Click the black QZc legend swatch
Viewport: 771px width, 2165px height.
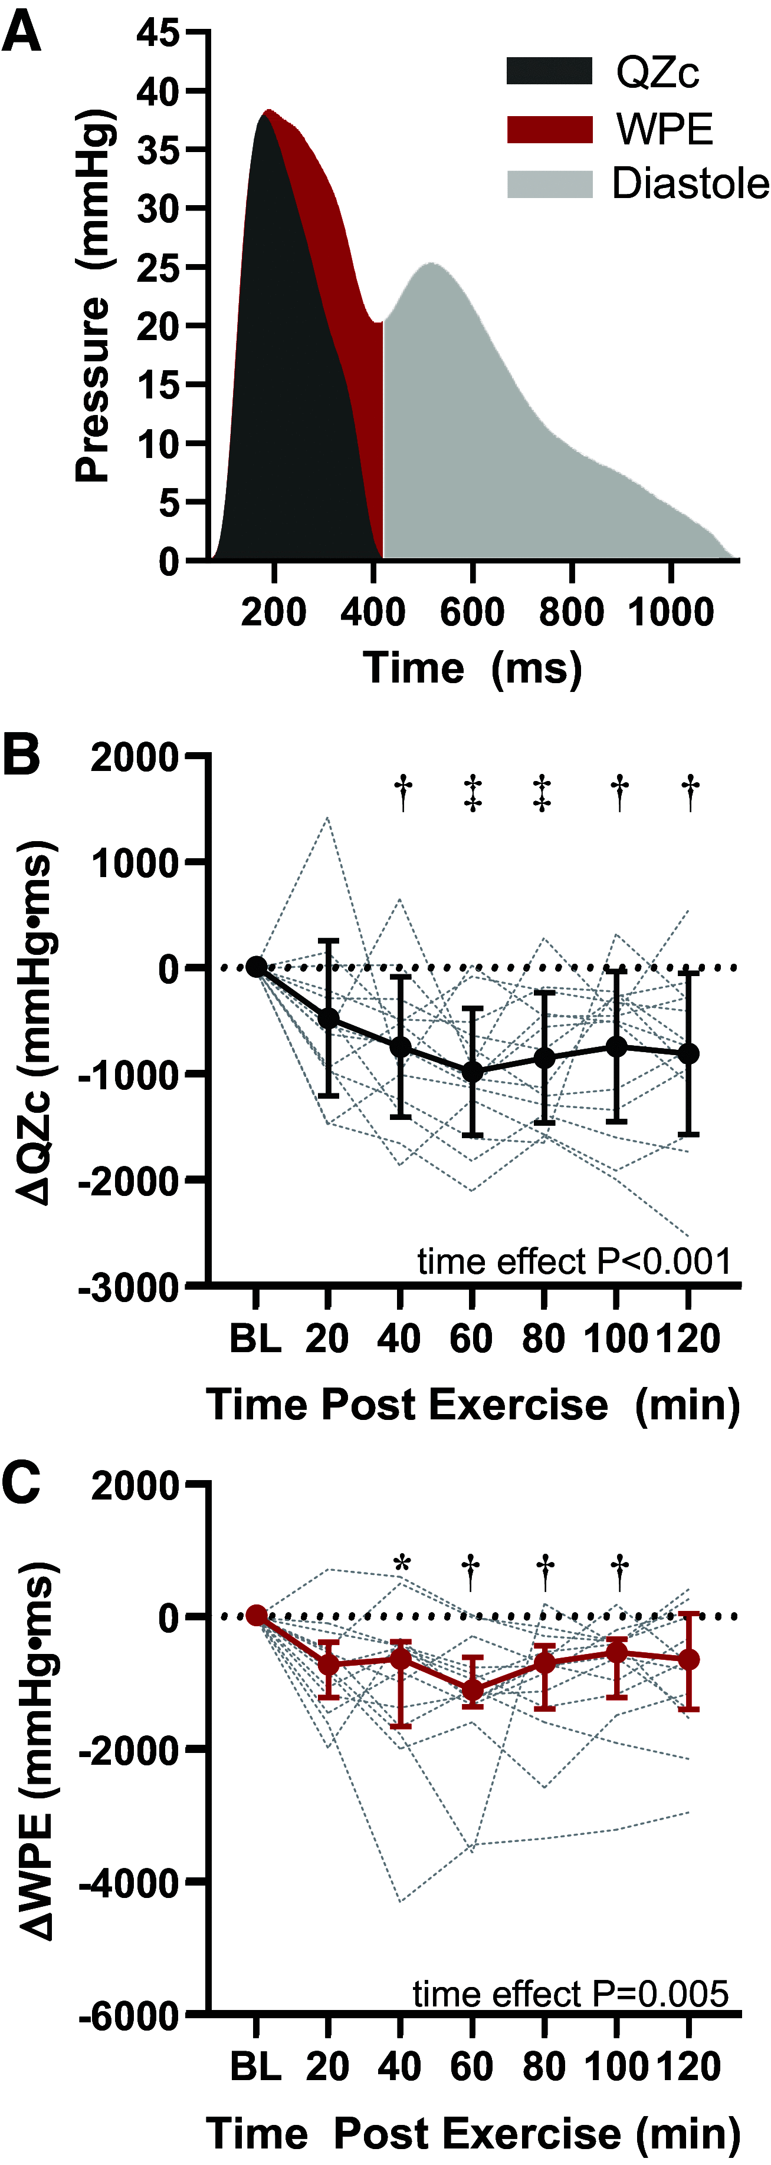point(549,71)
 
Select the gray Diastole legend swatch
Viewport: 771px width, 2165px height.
point(549,184)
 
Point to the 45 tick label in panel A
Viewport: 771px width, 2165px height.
point(158,33)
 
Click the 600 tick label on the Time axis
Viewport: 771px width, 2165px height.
point(472,611)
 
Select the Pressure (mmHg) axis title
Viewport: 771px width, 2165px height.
point(93,296)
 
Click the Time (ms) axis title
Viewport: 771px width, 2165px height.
point(472,668)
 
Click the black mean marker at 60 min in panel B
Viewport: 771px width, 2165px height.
point(473,1072)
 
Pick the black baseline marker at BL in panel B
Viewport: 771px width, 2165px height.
point(257,967)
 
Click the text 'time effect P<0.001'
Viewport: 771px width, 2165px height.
point(573,1261)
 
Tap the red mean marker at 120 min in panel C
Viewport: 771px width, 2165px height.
point(690,1659)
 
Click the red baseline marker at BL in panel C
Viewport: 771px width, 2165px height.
point(257,1615)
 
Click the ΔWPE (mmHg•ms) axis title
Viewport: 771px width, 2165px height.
point(37,1752)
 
